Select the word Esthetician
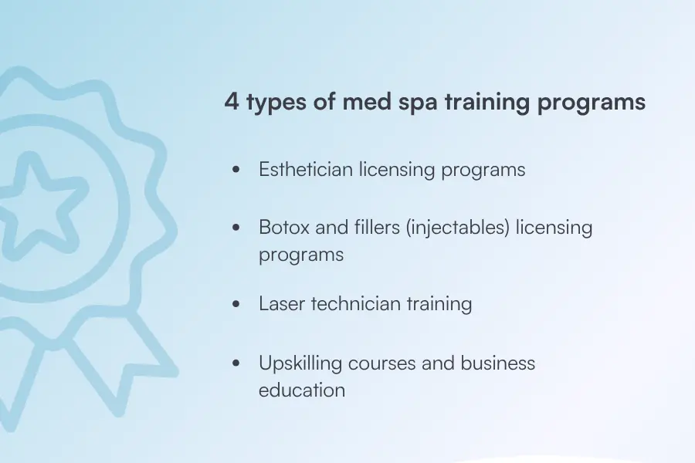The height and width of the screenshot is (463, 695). [x=306, y=170]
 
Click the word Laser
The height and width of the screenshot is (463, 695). [x=282, y=304]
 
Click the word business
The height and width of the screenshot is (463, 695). [x=498, y=363]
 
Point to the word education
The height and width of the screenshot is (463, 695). [x=302, y=390]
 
